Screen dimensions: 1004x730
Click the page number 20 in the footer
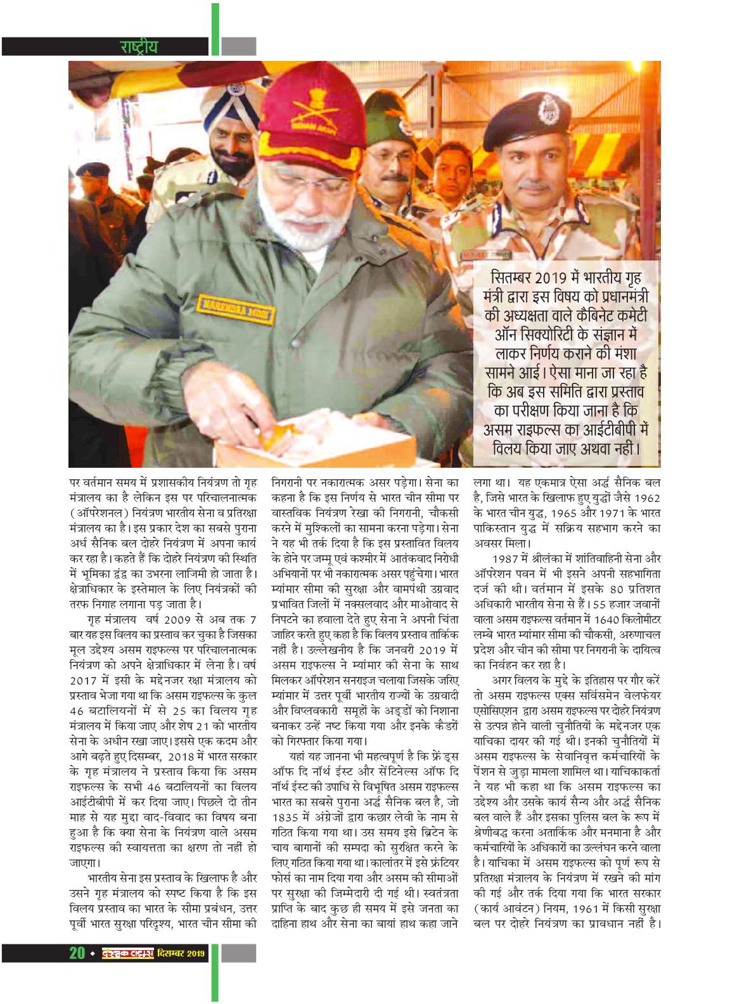[x=77, y=953]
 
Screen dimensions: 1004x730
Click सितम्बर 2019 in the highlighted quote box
[x=534, y=278]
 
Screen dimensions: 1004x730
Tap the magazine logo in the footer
[x=128, y=953]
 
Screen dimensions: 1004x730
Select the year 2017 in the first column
[x=84, y=680]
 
